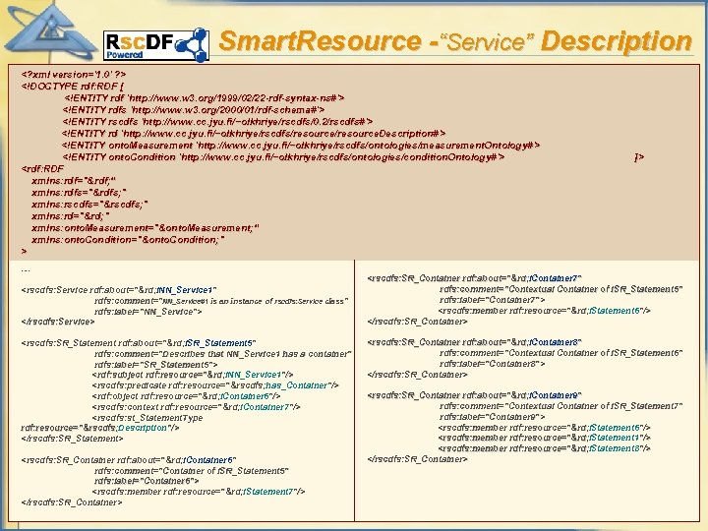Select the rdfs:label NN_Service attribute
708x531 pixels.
pyautogui.click(x=148, y=312)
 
